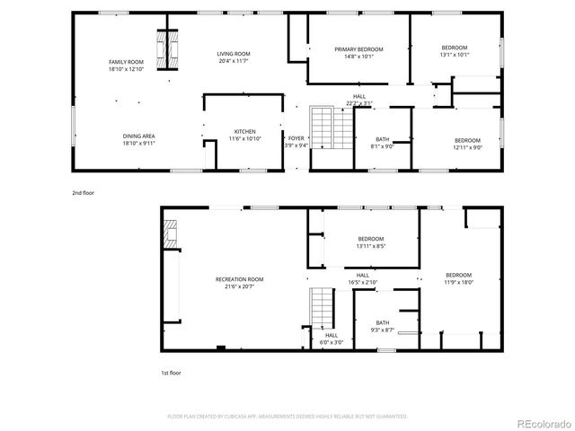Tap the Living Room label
pyautogui.click(x=233, y=54)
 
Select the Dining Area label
pyautogui.click(x=137, y=136)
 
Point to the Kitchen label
pyautogui.click(x=244, y=131)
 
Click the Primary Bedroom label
pyautogui.click(x=358, y=48)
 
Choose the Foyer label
pyautogui.click(x=296, y=138)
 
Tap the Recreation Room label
pyautogui.click(x=239, y=279)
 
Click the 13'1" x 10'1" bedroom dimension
pyautogui.click(x=455, y=54)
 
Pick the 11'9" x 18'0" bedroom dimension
pyautogui.click(x=458, y=282)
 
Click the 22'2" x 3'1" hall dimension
pyautogui.click(x=358, y=103)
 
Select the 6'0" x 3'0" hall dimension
pyautogui.click(x=332, y=342)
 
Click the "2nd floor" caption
pyautogui.click(x=83, y=192)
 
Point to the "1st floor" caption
pyautogui.click(x=170, y=372)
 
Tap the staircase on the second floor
pyautogui.click(x=322, y=128)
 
